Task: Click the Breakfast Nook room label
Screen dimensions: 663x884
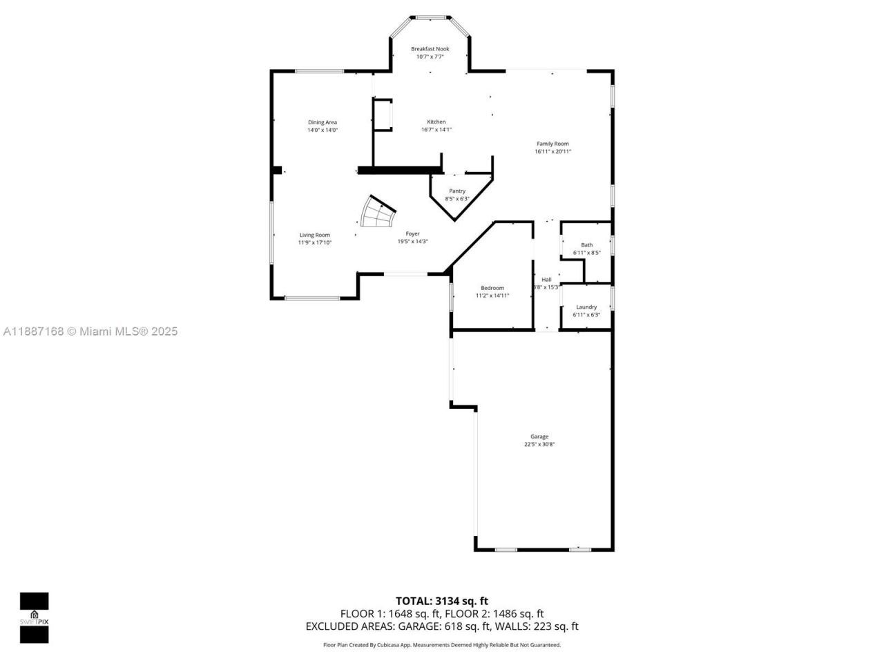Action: [430, 49]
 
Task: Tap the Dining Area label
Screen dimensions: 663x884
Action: [323, 122]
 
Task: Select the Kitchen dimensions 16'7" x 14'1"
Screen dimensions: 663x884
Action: [436, 130]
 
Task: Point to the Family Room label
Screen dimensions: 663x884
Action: [552, 144]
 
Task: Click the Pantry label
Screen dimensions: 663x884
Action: [457, 191]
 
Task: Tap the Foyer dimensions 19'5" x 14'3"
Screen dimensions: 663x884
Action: [412, 242]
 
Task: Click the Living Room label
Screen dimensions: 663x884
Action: [314, 235]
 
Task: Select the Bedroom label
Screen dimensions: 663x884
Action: [492, 288]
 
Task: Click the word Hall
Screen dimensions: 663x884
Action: [546, 280]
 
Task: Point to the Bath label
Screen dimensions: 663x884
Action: [586, 245]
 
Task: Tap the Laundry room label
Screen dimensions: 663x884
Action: [586, 307]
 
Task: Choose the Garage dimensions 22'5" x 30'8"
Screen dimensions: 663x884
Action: [539, 445]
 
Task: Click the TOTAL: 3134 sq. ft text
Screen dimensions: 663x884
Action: [441, 601]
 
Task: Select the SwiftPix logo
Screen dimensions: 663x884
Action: [34, 617]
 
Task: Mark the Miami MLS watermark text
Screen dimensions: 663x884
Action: [90, 331]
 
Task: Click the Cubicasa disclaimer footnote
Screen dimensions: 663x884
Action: [442, 645]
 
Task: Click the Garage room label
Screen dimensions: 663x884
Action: [539, 436]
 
